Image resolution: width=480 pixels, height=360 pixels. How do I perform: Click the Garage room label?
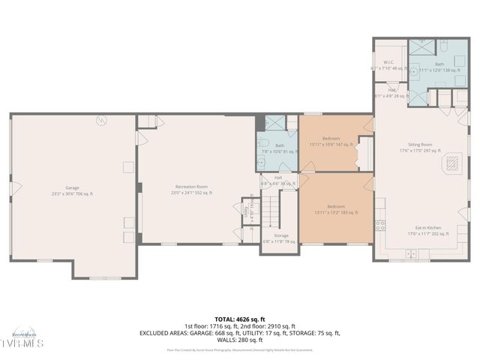pyautogui.click(x=73, y=187)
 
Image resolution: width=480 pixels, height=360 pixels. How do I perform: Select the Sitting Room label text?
pyautogui.click(x=420, y=144)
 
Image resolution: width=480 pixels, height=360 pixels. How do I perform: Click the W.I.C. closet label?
pyautogui.click(x=389, y=62)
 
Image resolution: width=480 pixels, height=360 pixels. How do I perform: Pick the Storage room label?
pyautogui.click(x=280, y=235)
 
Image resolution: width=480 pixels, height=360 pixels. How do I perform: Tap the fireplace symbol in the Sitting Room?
pyautogui.click(x=453, y=162)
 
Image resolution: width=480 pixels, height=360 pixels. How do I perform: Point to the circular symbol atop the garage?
pyautogui.click(x=103, y=121)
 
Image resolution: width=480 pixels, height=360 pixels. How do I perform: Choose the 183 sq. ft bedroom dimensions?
pyautogui.click(x=335, y=212)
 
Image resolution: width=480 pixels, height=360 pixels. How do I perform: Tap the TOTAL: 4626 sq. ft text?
pyautogui.click(x=240, y=319)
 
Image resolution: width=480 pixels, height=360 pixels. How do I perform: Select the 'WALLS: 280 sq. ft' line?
pyautogui.click(x=240, y=340)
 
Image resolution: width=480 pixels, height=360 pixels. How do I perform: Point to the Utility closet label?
pyautogui.click(x=246, y=212)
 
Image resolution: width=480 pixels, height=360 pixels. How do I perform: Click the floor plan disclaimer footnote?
pyautogui.click(x=240, y=349)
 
